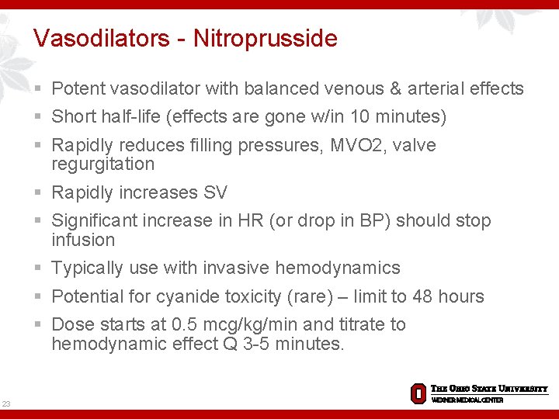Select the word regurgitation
(102, 164)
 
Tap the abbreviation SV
(216, 193)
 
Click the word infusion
(82, 240)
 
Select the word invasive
(235, 268)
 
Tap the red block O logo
(418, 393)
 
